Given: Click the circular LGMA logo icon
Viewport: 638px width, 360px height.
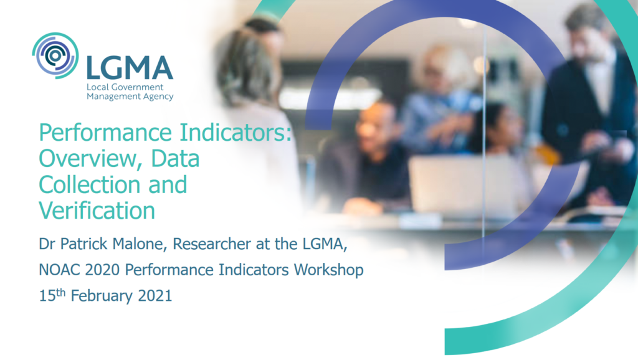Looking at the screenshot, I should pyautogui.click(x=55, y=55).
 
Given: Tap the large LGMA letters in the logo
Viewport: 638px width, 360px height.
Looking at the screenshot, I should pyautogui.click(x=130, y=67).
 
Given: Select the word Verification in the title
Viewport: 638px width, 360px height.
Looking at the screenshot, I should pyautogui.click(x=97, y=211).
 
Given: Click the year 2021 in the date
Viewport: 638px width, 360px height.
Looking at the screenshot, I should pyautogui.click(x=155, y=296).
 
